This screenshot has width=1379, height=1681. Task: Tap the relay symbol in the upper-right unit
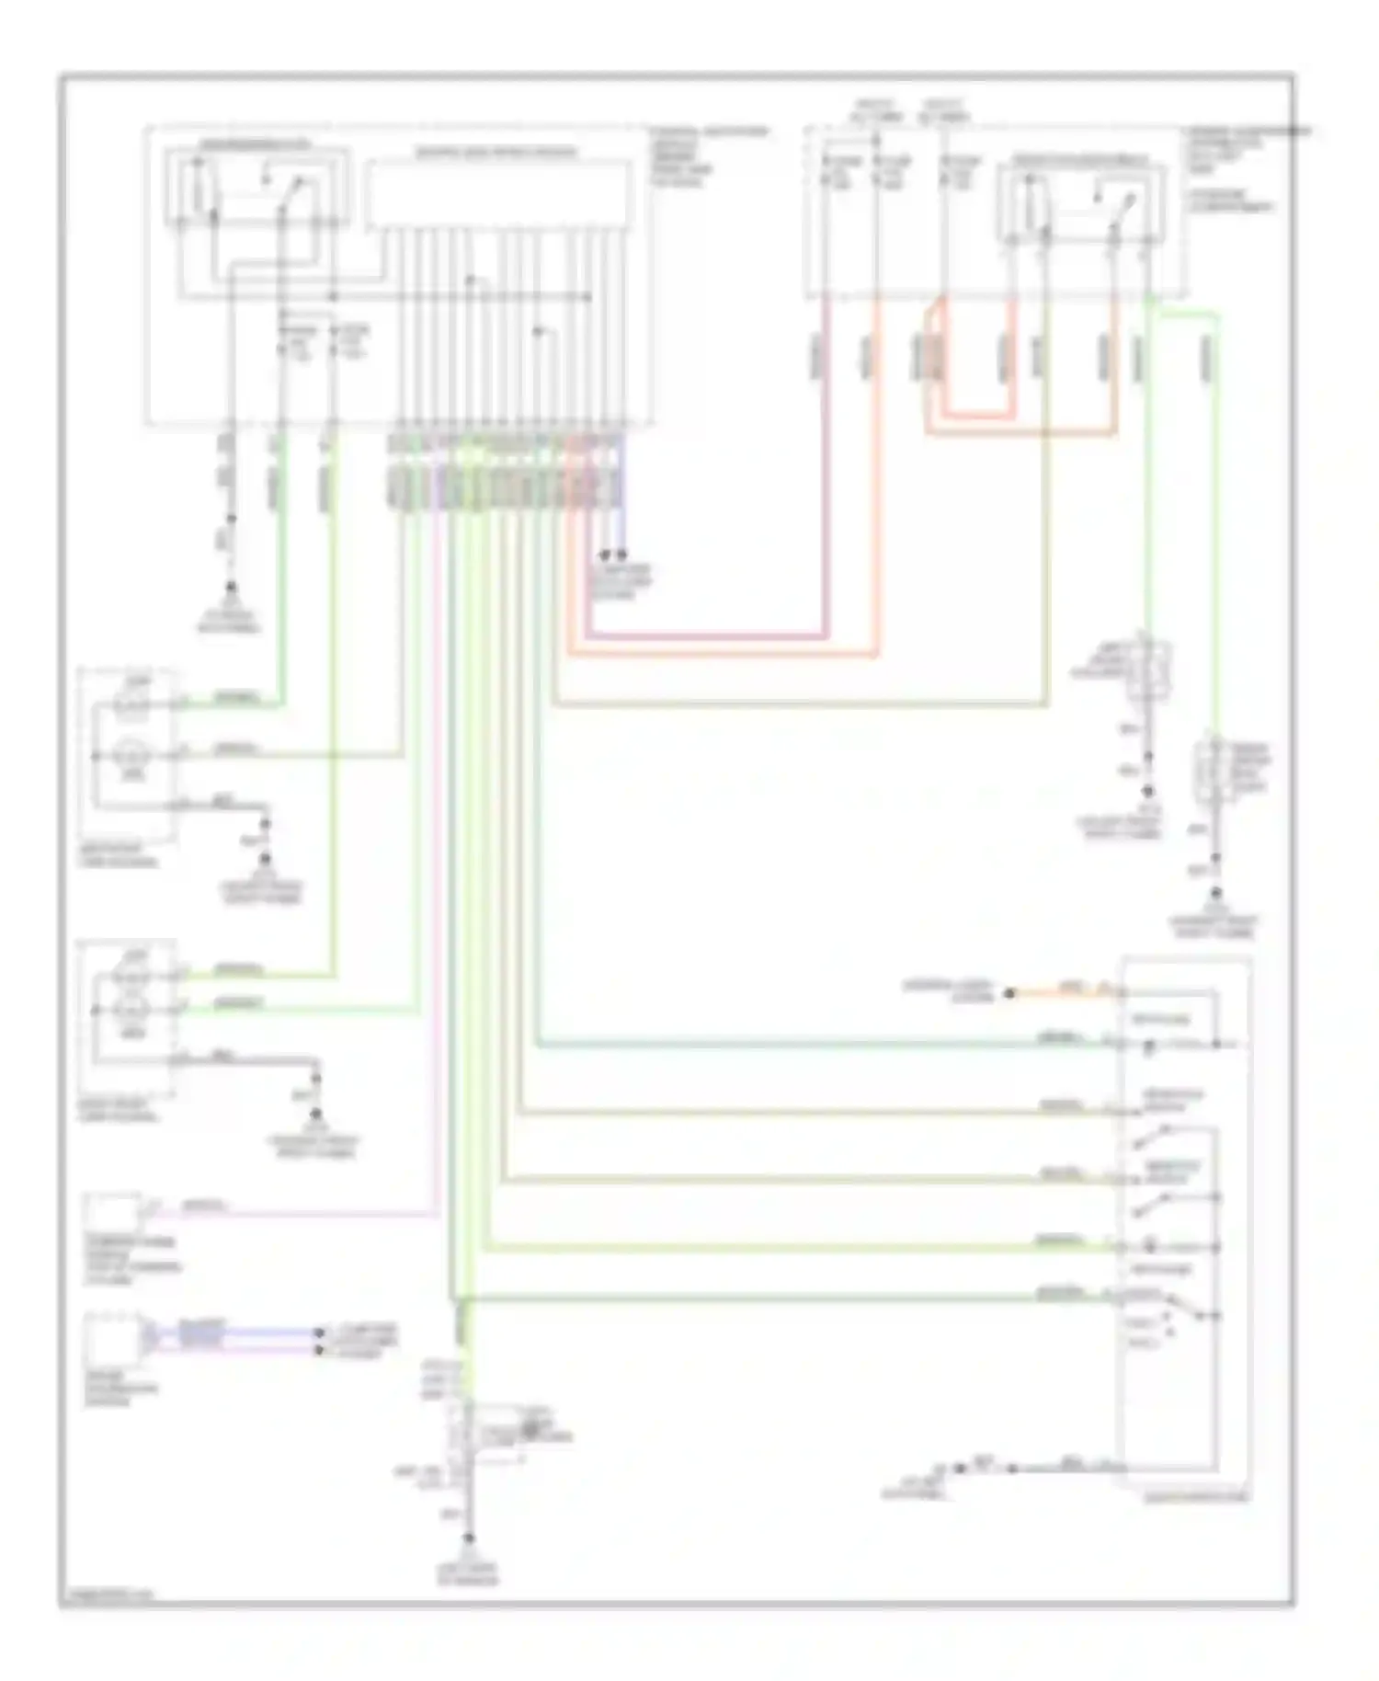click(x=1081, y=204)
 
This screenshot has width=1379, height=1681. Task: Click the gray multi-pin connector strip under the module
click(x=504, y=486)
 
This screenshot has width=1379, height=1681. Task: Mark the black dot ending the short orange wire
click(x=1009, y=993)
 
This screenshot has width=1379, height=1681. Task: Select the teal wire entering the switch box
click(x=827, y=1046)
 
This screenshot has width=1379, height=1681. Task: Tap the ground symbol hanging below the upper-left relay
click(x=230, y=589)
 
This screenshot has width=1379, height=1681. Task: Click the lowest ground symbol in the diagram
click(x=470, y=1538)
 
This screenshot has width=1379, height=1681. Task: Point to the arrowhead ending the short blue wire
click(x=621, y=555)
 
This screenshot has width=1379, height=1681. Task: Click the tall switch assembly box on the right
click(x=1184, y=1224)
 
